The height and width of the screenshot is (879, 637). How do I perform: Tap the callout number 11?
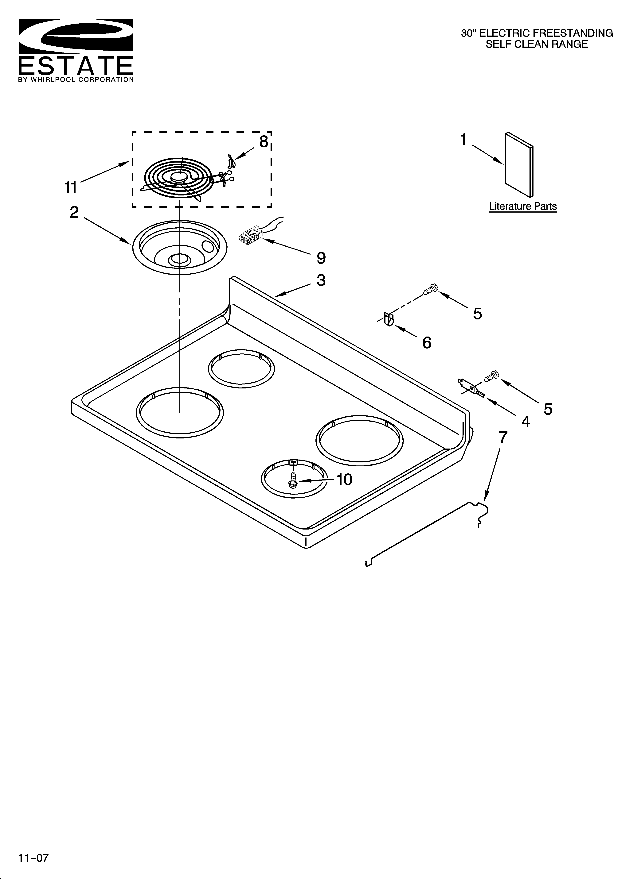click(71, 188)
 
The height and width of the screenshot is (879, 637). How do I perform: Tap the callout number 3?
click(321, 280)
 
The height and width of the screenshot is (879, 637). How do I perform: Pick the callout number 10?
click(344, 480)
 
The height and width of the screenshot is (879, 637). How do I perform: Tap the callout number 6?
click(427, 343)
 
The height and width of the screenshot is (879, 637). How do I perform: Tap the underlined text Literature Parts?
click(523, 206)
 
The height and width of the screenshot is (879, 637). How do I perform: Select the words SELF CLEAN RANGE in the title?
click(537, 44)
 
